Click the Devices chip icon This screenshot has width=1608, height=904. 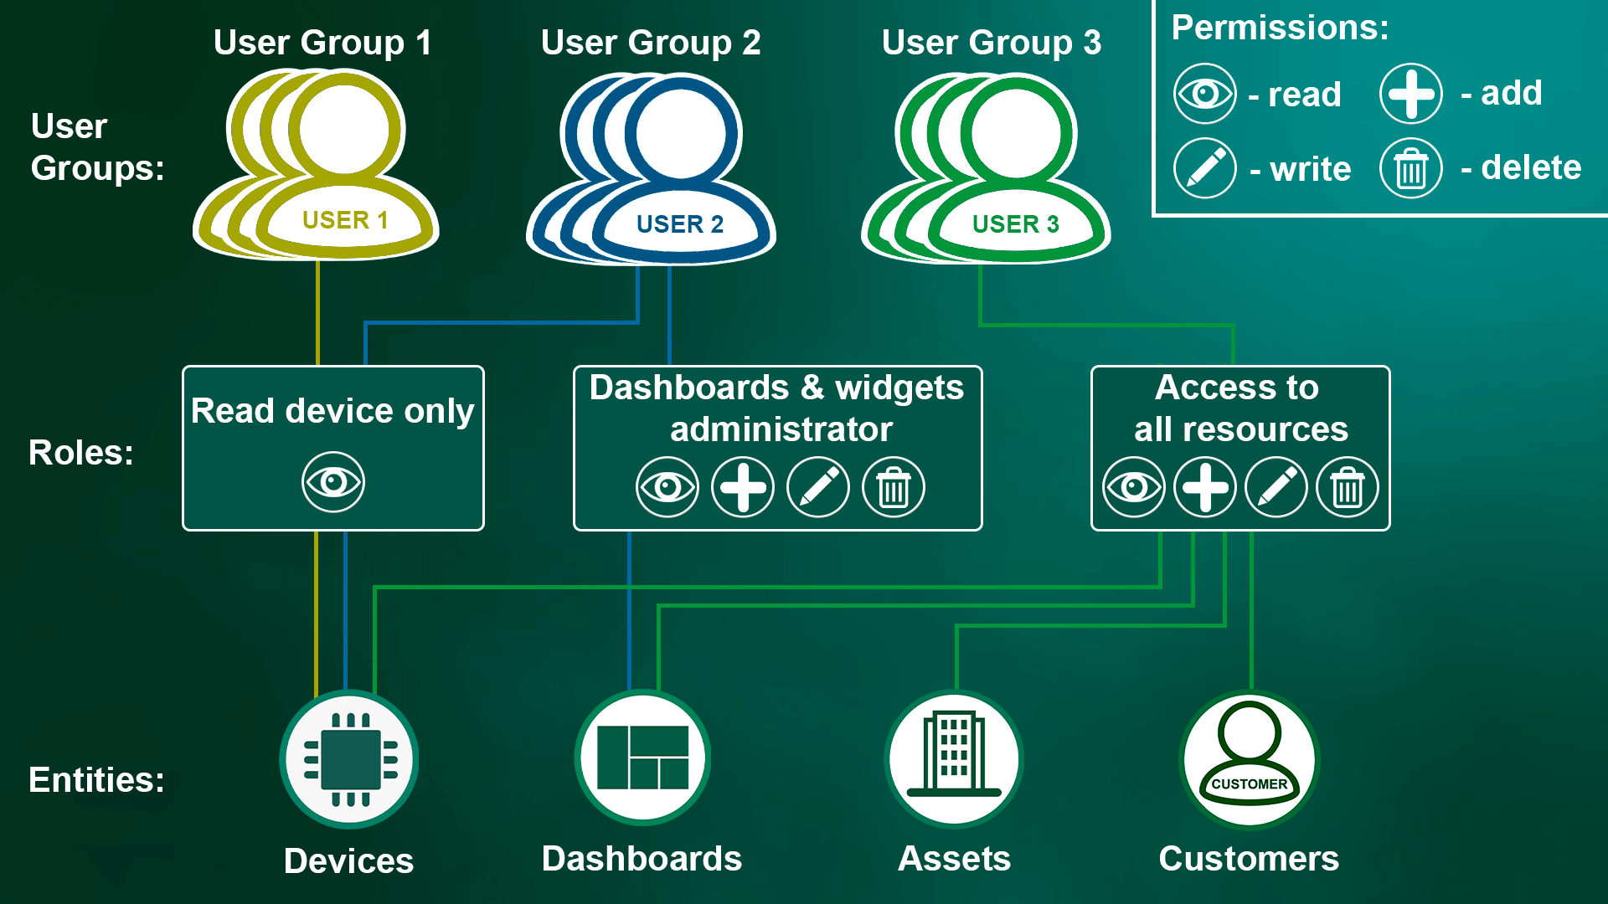coord(350,760)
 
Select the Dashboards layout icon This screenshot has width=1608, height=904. coord(642,758)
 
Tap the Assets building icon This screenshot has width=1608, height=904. coord(954,758)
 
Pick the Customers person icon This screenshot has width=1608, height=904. coord(1249,758)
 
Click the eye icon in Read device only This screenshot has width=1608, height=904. coord(333,482)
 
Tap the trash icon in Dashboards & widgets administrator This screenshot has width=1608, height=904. coord(894,487)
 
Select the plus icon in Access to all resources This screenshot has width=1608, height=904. coord(1205,487)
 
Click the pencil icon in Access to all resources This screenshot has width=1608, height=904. coord(1276,487)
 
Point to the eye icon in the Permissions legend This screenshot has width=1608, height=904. coord(1205,93)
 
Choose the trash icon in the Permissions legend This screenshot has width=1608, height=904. coord(1411,168)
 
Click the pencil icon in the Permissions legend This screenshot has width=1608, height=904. coord(1205,168)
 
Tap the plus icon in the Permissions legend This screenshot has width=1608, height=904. coord(1411,93)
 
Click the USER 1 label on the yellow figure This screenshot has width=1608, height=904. coord(345,220)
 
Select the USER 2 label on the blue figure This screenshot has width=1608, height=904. coord(680,224)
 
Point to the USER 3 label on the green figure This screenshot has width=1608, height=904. coord(1015,224)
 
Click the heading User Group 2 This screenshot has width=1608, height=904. coord(651,43)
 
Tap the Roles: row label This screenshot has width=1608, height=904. coord(81,453)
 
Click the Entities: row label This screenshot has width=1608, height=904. coord(96,780)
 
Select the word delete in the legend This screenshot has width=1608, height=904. coord(1531,167)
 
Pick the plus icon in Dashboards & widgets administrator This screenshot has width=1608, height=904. coord(743,487)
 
